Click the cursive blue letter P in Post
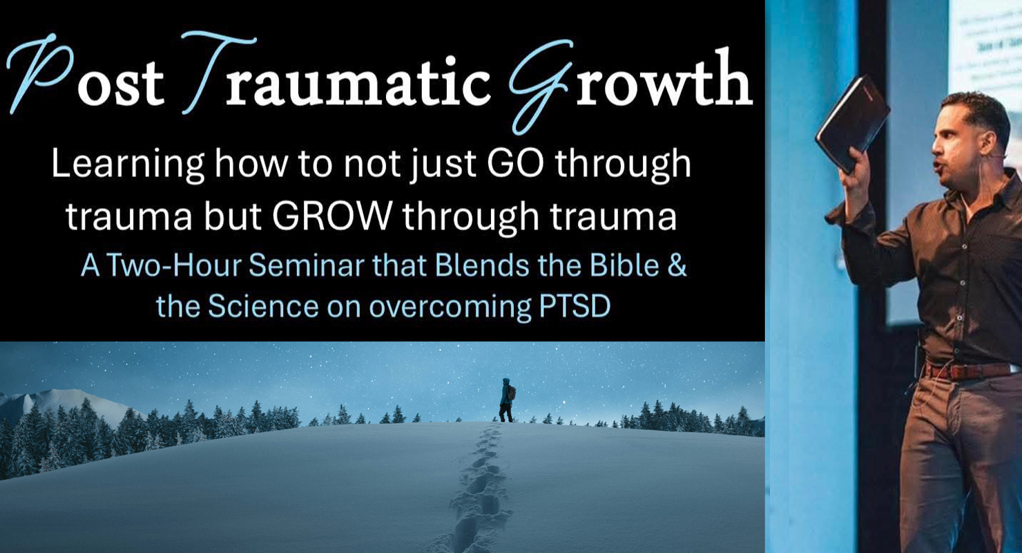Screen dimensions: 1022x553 pyautogui.click(x=41, y=73)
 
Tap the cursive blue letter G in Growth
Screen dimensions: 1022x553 pyautogui.click(x=541, y=84)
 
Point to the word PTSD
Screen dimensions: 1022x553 pyautogui.click(x=575, y=306)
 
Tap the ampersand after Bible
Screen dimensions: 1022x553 pyautogui.click(x=677, y=266)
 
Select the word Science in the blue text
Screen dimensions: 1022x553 pyautogui.click(x=263, y=306)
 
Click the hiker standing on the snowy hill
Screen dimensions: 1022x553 pyautogui.click(x=506, y=400)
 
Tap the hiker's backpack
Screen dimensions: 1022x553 pyautogui.click(x=512, y=393)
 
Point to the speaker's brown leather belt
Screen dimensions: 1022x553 pyautogui.click(x=967, y=371)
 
